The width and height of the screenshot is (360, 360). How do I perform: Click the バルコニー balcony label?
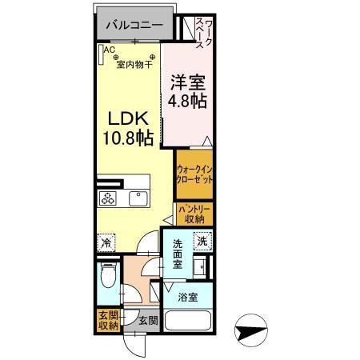(132, 26)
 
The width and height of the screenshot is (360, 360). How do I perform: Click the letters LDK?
(126, 118)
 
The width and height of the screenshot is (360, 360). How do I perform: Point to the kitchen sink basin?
(138, 198)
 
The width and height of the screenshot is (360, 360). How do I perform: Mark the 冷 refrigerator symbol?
(106, 240)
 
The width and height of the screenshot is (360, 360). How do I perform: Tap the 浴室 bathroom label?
(189, 298)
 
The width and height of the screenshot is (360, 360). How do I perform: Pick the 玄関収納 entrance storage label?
(108, 320)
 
